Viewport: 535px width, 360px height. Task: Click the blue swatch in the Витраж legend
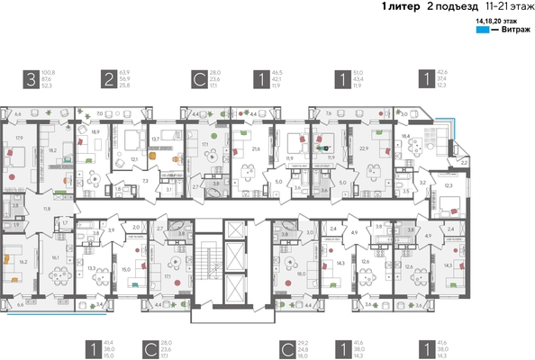pos(482,31)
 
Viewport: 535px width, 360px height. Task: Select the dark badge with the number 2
pos(107,79)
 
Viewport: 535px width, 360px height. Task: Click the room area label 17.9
pos(19,138)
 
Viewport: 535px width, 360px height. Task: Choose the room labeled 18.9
pos(96,131)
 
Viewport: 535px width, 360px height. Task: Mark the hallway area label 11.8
pos(47,209)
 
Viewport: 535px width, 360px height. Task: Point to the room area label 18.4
pos(406,135)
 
